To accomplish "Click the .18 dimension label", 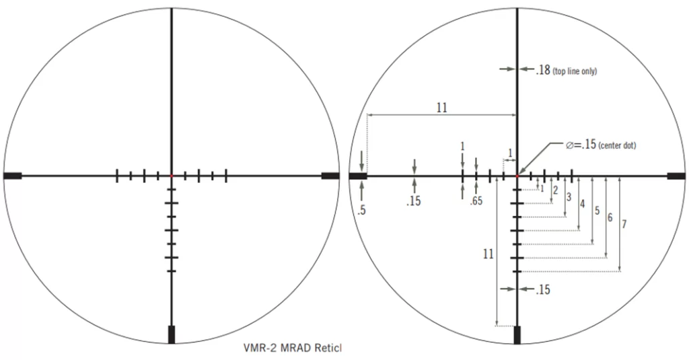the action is point(543,70).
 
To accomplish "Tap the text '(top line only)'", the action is point(575,71).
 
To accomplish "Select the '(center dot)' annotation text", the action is point(617,145).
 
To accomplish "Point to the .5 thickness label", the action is point(361,210).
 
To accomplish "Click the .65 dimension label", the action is point(476,201).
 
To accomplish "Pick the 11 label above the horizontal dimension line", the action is point(441,108).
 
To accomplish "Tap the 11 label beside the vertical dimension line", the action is point(488,254).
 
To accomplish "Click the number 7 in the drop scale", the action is point(624,224).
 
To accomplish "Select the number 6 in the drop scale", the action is point(610,217).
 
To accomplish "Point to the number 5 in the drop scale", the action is point(597,211).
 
